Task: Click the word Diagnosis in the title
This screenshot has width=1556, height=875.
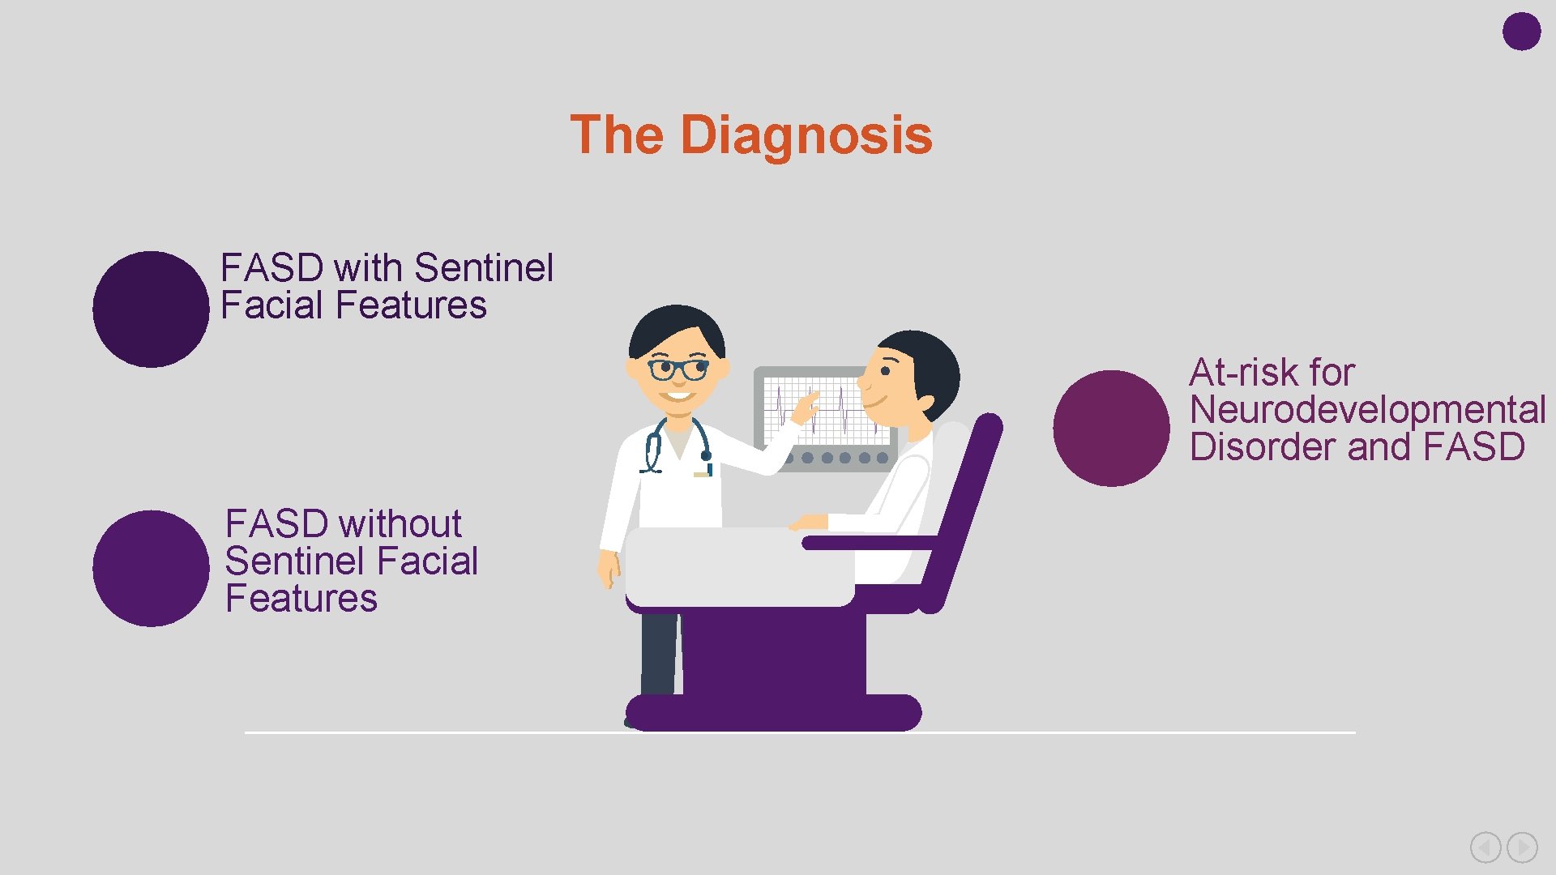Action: [x=806, y=134]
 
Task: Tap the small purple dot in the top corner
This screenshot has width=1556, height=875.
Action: [x=1521, y=32]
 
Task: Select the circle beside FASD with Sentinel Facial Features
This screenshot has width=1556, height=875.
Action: [x=151, y=309]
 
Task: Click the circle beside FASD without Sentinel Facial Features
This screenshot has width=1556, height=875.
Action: [x=151, y=568]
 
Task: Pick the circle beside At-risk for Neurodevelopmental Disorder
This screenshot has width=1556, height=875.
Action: [x=1111, y=428]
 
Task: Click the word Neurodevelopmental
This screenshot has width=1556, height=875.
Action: [x=1367, y=409]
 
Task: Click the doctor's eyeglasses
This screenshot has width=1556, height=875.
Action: [x=678, y=369]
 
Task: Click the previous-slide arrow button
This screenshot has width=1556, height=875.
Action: [x=1485, y=847]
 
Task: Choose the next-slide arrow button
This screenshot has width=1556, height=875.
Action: [x=1522, y=847]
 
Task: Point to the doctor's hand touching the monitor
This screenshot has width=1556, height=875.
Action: [x=806, y=405]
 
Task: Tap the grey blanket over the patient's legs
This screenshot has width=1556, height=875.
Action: [x=737, y=567]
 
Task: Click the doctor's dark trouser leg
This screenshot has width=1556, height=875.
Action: [x=658, y=653]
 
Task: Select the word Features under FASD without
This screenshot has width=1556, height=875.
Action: [x=301, y=599]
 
